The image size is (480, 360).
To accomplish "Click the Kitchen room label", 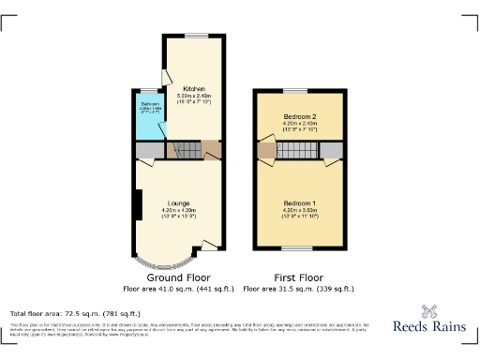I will pos(194,89).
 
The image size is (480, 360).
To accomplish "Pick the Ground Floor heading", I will pos(179,278).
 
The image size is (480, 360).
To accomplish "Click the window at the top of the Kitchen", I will pos(195,37).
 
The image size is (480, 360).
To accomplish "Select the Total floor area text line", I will pos(75,312).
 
